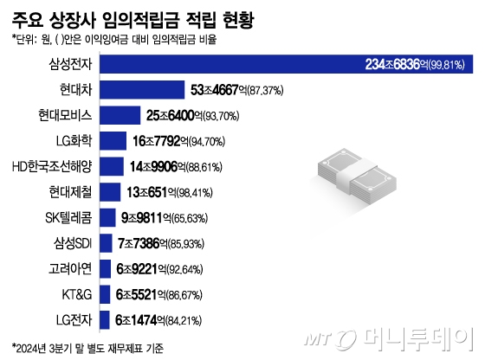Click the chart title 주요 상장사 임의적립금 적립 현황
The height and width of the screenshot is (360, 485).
pos(138,18)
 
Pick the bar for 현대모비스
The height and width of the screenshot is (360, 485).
pos(121,114)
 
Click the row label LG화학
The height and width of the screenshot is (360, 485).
pos(75,140)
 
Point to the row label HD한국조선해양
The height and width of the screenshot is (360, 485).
pos(54,165)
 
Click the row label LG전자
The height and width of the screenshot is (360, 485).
pos(74,318)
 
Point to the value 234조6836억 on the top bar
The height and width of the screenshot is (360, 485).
pos(402,63)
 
